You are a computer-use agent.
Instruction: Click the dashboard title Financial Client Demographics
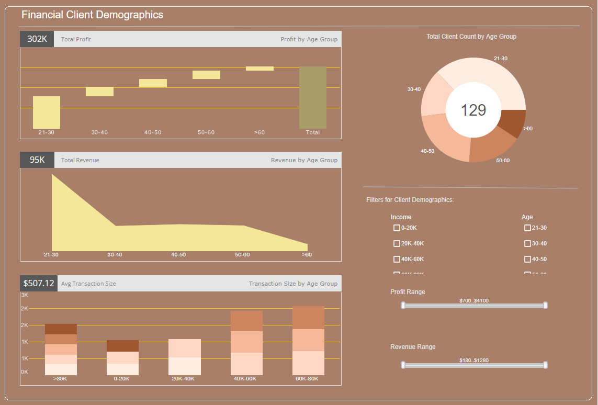click(x=92, y=15)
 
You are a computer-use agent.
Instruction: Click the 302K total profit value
click(x=37, y=39)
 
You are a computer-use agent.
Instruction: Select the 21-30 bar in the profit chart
click(x=47, y=112)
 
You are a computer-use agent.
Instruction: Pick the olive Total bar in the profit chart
click(x=313, y=97)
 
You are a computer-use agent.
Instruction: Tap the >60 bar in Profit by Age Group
click(x=259, y=69)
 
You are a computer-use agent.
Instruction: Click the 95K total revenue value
click(x=37, y=160)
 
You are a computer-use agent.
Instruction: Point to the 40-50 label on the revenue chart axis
click(x=178, y=255)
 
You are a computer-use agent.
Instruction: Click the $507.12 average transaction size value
click(x=39, y=284)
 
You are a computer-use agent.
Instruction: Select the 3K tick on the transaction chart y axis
click(x=25, y=295)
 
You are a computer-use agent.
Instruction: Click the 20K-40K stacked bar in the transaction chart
click(x=185, y=357)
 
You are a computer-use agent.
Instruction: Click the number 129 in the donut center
click(x=473, y=110)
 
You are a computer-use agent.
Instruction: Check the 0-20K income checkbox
click(x=397, y=228)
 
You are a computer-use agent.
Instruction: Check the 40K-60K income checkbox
click(x=397, y=260)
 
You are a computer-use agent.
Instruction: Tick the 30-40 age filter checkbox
click(x=527, y=244)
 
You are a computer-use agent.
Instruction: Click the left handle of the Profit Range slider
click(x=403, y=306)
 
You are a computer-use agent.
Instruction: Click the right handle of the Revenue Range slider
click(x=545, y=365)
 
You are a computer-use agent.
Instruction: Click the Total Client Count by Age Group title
click(x=471, y=37)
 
